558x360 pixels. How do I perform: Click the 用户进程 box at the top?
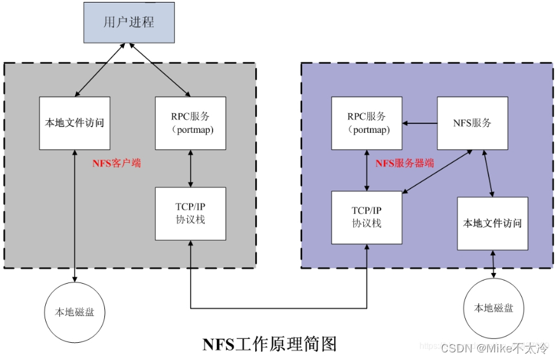point(129,22)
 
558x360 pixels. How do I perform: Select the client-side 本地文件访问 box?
point(74,123)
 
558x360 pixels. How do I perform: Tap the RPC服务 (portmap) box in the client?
point(191,123)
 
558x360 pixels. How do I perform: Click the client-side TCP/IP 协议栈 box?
point(191,214)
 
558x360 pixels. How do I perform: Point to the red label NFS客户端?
point(116,163)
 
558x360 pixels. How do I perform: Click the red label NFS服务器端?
point(405,163)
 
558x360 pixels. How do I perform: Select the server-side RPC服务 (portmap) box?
point(367,123)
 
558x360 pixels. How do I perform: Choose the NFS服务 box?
point(472,123)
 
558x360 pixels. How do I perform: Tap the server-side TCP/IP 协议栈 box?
point(367,217)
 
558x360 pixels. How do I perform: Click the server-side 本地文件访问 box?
point(492,223)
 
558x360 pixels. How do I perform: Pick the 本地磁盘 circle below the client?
point(76,312)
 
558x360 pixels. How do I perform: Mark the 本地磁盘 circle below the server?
point(494,308)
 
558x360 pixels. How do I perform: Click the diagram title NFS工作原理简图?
point(270,344)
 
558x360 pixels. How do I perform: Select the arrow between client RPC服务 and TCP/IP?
point(191,169)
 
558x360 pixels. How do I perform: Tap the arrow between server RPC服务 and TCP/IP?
point(367,170)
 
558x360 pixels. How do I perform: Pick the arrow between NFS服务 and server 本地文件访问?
point(487,174)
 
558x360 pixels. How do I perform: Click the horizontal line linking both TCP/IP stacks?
point(279,308)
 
